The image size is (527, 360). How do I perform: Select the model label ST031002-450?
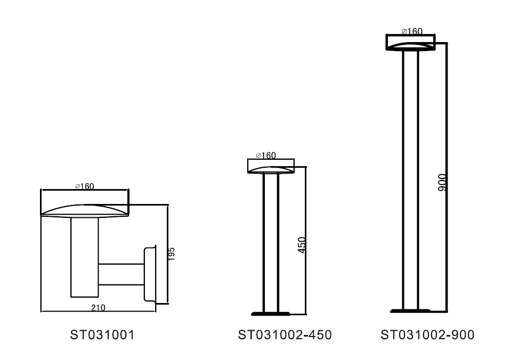(x=285, y=335)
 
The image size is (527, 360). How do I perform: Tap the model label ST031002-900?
(x=427, y=335)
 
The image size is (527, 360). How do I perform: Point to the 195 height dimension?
(x=171, y=253)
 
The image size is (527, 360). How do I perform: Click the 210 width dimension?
(x=98, y=307)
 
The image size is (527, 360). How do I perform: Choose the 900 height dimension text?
(x=443, y=183)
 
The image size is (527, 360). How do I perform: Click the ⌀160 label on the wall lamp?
(x=84, y=186)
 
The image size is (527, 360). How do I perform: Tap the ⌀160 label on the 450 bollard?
(x=266, y=156)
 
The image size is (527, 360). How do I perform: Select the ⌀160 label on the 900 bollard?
(x=412, y=31)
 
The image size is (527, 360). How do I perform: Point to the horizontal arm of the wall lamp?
(x=120, y=275)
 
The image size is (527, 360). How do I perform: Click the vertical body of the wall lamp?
(x=84, y=256)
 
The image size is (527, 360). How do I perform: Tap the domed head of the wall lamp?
(x=85, y=210)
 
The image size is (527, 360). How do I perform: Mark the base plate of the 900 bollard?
(x=410, y=310)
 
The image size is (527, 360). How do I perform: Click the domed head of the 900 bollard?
(x=410, y=46)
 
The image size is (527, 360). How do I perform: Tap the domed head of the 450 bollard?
(x=271, y=170)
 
